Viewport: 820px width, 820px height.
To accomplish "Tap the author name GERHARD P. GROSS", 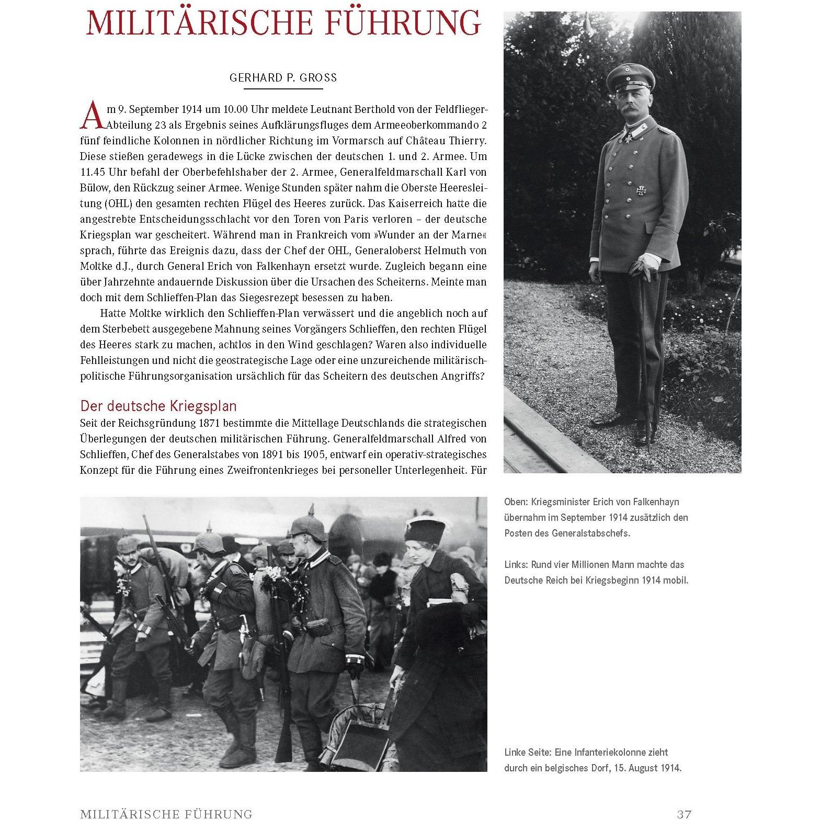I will (283, 78).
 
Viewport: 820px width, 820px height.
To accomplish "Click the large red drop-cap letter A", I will (90, 115).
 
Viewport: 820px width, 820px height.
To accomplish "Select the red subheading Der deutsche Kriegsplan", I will (158, 406).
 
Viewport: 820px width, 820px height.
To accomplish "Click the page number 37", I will (684, 814).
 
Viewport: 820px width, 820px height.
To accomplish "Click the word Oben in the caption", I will (515, 502).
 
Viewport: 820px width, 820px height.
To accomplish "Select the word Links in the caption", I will (516, 564).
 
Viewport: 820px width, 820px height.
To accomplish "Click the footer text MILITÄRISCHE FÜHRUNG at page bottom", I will (166, 814).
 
